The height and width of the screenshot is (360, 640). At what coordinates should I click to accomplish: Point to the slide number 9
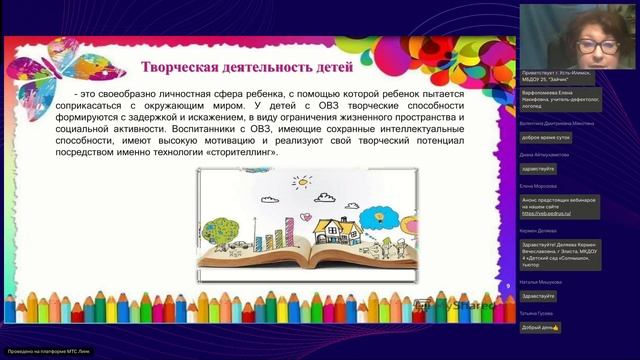pyautogui.click(x=509, y=287)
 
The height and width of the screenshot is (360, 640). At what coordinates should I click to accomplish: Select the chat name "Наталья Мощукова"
pyautogui.click(x=541, y=282)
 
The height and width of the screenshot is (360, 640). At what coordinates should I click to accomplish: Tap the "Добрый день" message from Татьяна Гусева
pyautogui.click(x=541, y=327)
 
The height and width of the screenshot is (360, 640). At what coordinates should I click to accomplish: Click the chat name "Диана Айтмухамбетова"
pyautogui.click(x=546, y=155)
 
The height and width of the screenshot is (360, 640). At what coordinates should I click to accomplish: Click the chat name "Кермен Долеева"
pyautogui.click(x=539, y=231)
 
